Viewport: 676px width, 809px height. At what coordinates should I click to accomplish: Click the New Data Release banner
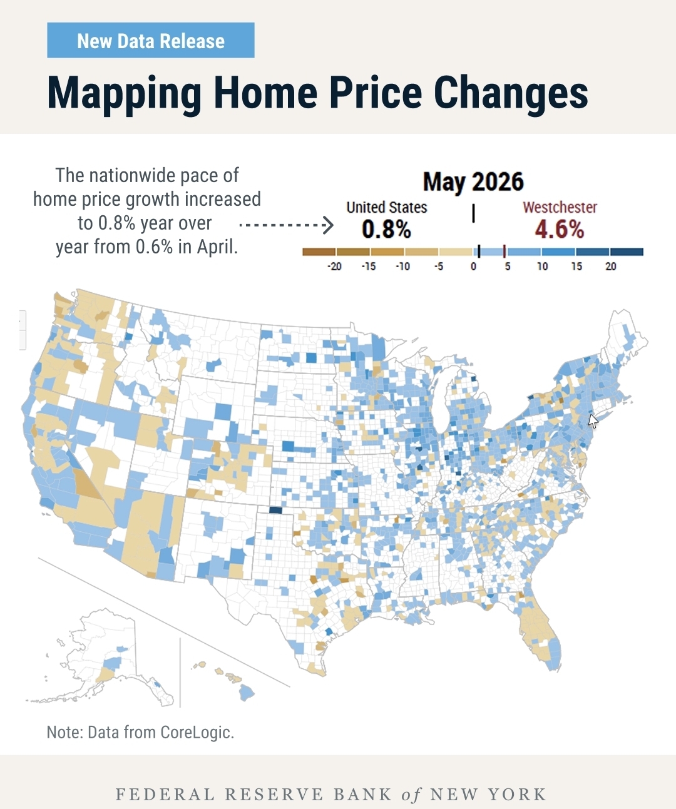[151, 40]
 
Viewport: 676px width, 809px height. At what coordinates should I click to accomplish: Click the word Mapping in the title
[124, 93]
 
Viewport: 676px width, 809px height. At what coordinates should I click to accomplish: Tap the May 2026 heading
[473, 181]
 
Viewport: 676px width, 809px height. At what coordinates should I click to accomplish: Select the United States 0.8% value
[386, 229]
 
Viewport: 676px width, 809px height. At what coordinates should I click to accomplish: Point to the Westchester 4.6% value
[560, 229]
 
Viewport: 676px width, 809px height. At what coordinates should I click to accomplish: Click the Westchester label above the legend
[560, 207]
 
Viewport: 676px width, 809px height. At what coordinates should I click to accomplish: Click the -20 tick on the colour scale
[334, 267]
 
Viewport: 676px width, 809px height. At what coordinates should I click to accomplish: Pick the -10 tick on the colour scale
[402, 267]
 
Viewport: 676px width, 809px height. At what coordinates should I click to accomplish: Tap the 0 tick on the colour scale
[473, 267]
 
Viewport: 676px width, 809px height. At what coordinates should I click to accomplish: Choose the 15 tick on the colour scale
[576, 267]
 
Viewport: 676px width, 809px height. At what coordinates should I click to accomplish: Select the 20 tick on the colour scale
[610, 267]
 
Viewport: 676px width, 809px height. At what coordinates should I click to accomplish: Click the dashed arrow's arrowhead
[329, 225]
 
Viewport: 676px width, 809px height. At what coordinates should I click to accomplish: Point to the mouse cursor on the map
[593, 421]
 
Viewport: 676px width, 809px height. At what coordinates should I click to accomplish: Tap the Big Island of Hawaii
[246, 693]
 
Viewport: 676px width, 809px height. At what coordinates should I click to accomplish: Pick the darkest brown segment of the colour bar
[319, 252]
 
